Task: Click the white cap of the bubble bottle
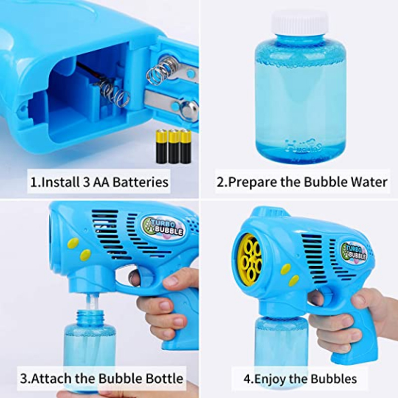click(x=299, y=23)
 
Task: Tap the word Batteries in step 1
click(x=140, y=182)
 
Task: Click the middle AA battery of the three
click(x=174, y=146)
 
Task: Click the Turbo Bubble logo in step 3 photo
click(x=163, y=227)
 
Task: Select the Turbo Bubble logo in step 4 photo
click(x=354, y=251)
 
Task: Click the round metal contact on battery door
click(x=189, y=109)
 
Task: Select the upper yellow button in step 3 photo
click(x=73, y=242)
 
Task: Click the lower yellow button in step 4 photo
click(x=294, y=281)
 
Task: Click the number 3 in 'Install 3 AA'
click(x=86, y=182)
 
